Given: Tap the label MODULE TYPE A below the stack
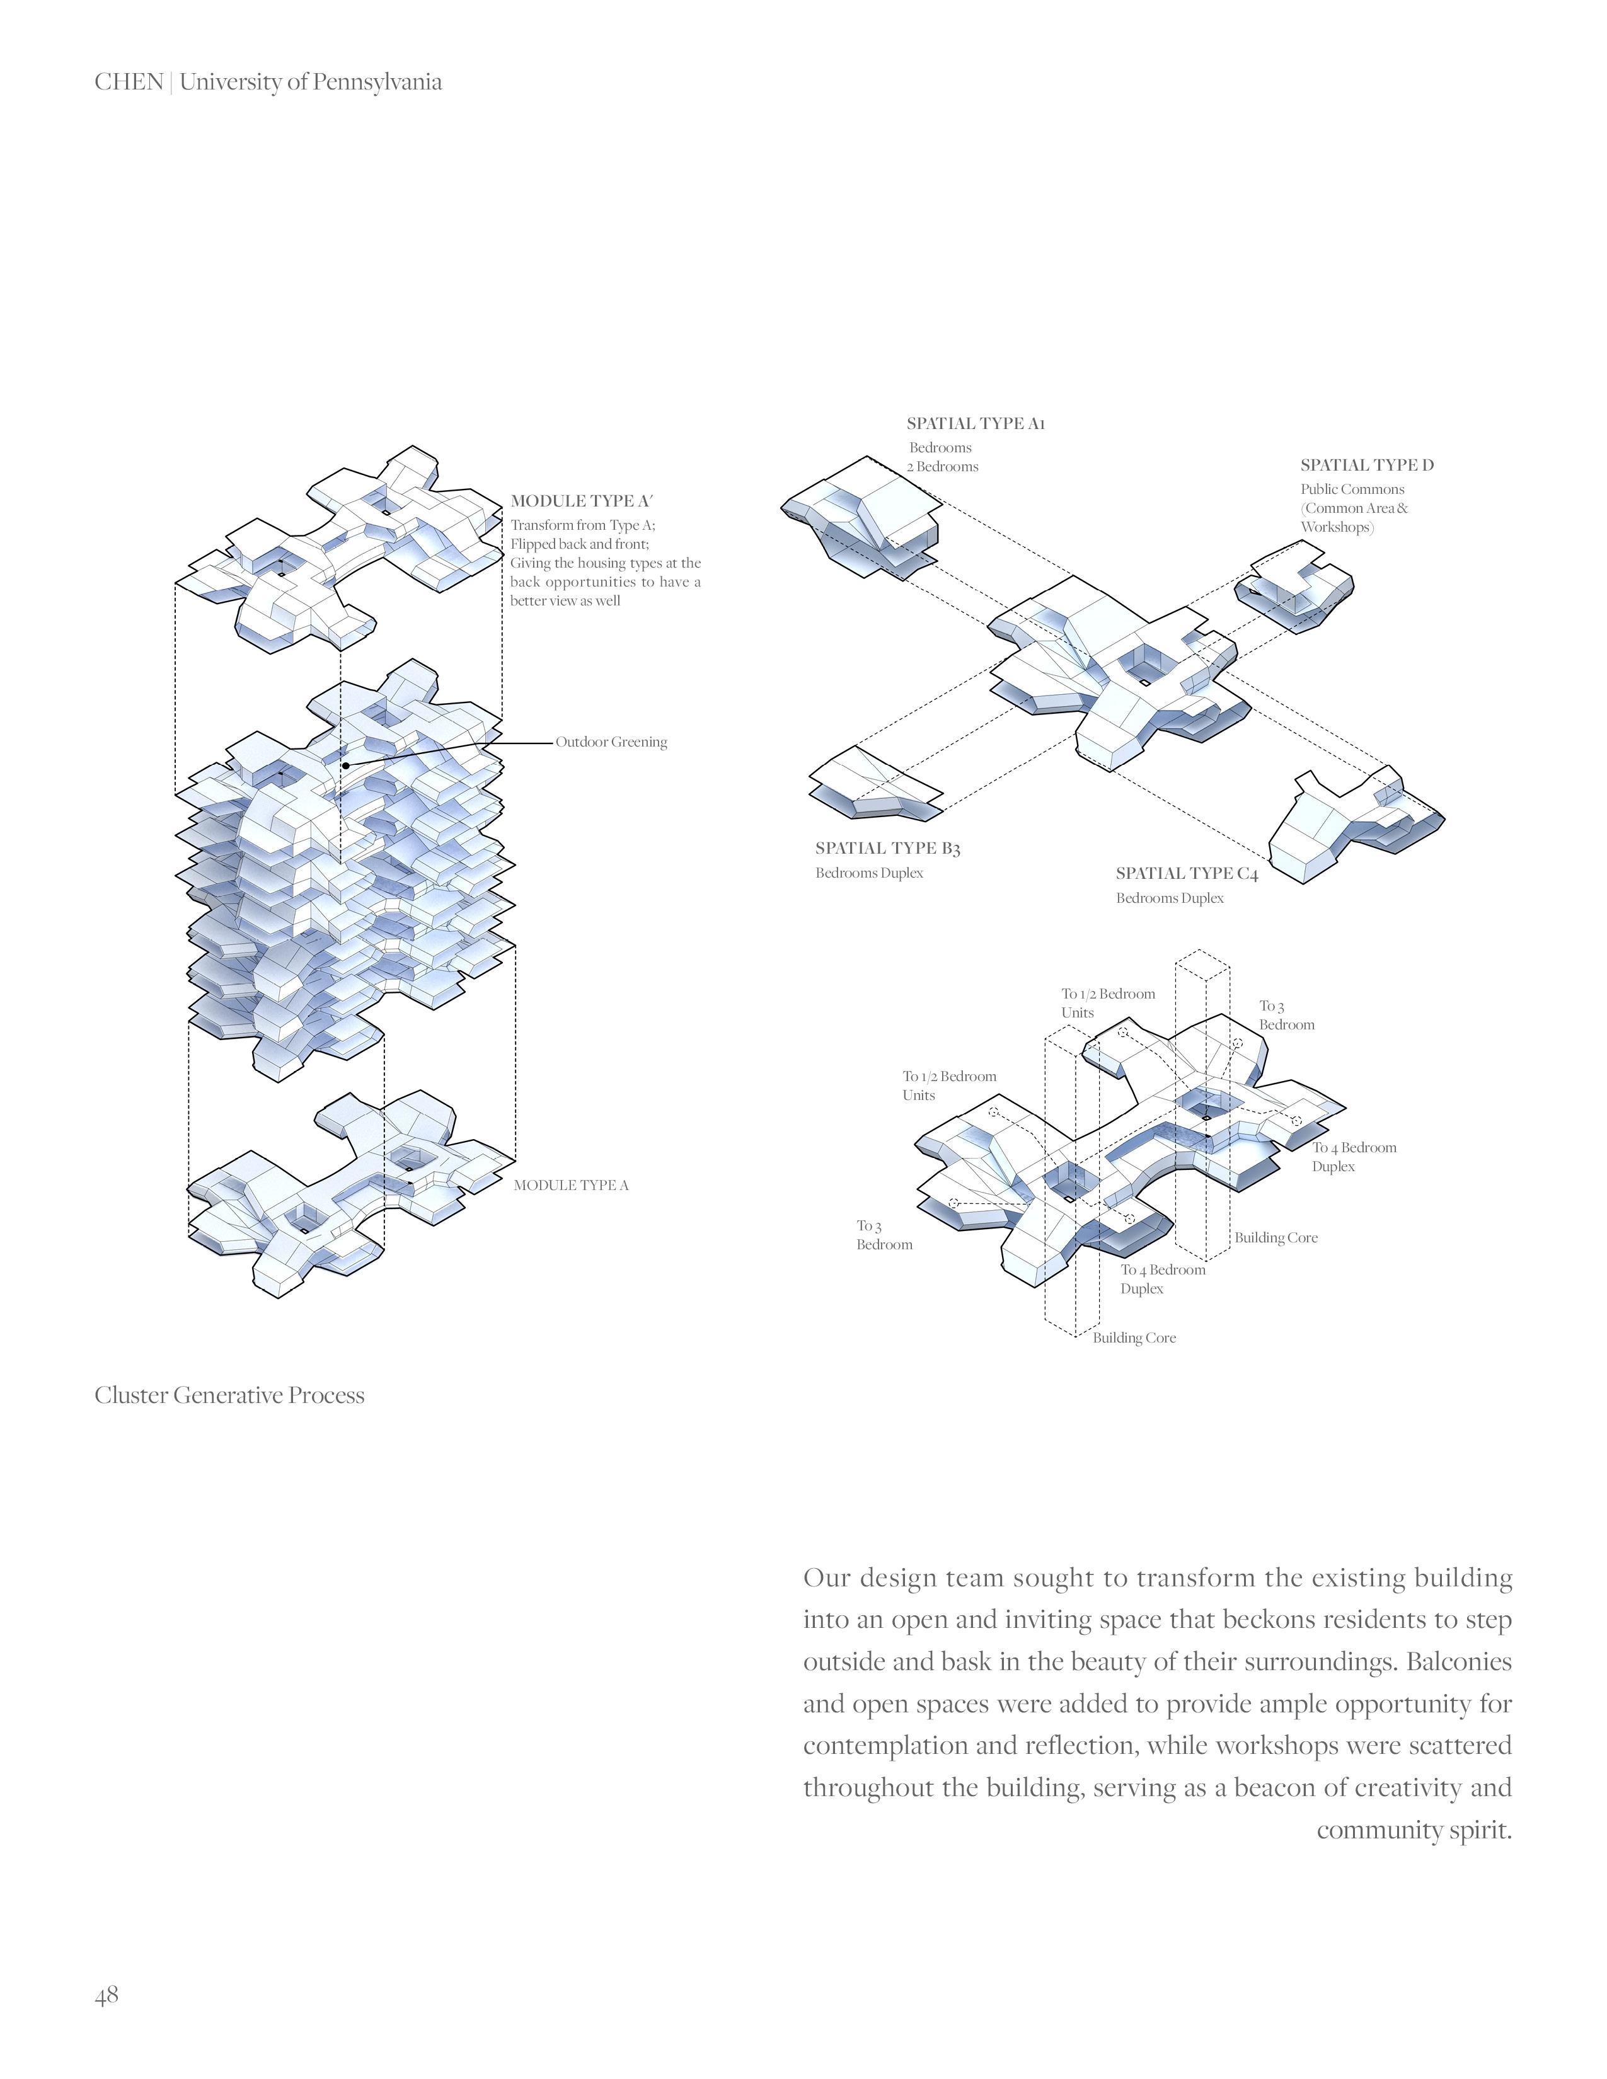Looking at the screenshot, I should click(571, 1185).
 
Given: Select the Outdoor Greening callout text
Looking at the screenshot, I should click(611, 743).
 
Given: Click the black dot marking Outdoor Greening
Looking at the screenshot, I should click(345, 764).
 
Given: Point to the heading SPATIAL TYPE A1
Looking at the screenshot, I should click(975, 423).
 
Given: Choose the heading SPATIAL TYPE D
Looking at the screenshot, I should click(1366, 466).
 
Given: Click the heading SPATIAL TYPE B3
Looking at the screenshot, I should click(887, 848).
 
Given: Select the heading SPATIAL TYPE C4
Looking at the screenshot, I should click(1186, 874).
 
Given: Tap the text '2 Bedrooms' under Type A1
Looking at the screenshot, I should click(943, 466).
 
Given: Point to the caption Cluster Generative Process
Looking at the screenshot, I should click(229, 1395).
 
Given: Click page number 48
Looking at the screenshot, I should click(107, 1995).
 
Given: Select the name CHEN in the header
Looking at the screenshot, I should click(129, 82).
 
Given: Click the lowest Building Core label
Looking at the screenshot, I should click(1134, 1338).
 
